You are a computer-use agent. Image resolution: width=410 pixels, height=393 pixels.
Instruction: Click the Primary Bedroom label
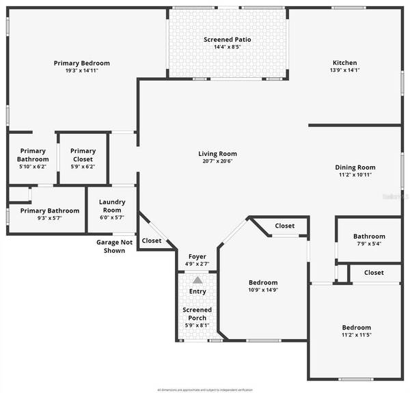82,63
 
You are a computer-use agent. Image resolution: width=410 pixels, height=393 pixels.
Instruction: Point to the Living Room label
217,154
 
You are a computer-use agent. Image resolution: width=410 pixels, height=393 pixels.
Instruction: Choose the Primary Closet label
83,151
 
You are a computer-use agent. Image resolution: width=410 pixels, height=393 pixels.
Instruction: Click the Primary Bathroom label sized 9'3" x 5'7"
49,211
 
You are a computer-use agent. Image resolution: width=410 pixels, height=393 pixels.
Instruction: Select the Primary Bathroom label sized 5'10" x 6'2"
33,154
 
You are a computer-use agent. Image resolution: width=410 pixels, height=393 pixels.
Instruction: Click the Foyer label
197,257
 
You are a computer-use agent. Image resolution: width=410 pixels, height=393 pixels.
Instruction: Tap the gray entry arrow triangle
197,280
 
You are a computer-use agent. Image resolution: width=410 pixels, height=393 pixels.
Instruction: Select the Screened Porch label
197,314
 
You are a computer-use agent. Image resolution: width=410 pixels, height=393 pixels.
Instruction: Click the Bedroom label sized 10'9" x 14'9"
263,282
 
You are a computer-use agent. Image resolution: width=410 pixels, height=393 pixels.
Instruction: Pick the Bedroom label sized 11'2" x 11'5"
357,327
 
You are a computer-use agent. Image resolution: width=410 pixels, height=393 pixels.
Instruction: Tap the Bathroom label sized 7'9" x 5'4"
369,236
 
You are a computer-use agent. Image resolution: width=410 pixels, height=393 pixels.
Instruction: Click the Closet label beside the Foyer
152,241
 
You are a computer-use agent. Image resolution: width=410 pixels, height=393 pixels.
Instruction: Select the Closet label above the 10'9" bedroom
285,226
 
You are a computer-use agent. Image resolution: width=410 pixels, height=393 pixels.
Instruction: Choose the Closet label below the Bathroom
374,272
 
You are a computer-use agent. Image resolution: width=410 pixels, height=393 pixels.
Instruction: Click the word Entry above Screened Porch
197,292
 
